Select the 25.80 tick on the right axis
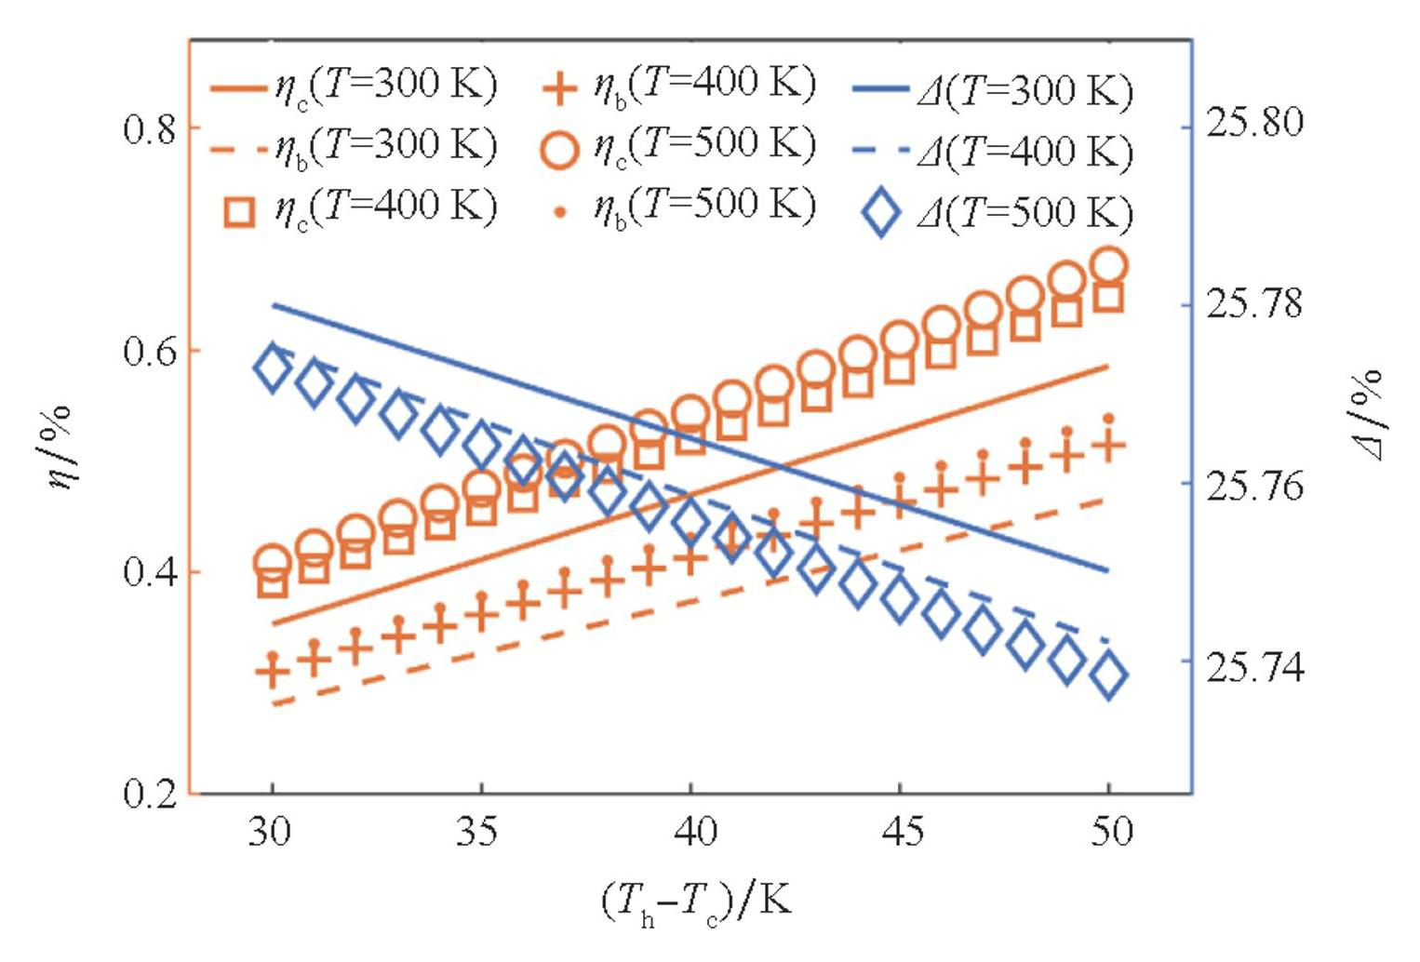tap(1253, 122)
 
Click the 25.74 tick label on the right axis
tap(1253, 667)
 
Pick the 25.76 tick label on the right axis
tap(1253, 486)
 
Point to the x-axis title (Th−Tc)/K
tap(697, 902)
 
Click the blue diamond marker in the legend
tap(880, 213)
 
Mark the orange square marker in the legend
tap(240, 211)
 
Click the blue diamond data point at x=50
tap(1108, 676)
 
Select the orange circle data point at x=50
tap(1108, 266)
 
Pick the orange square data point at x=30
tap(272, 583)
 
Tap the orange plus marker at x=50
tap(1108, 445)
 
